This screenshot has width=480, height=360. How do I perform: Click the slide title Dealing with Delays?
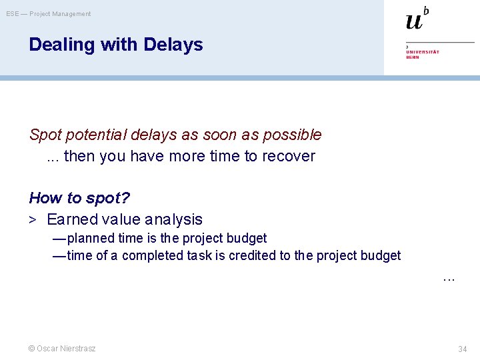[x=115, y=45]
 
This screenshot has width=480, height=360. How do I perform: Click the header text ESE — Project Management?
[x=49, y=14]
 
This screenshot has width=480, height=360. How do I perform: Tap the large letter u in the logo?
[x=414, y=21]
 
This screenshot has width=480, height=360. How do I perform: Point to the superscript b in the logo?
[x=426, y=10]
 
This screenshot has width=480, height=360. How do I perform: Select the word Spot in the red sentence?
[x=44, y=135]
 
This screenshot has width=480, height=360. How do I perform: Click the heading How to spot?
[x=79, y=198]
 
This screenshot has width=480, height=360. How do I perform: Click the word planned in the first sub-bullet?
[x=91, y=238]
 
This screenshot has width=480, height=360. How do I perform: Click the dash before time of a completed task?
[x=59, y=255]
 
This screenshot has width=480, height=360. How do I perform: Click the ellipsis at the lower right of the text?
[x=449, y=278]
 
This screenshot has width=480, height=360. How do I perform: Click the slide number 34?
[x=462, y=349]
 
